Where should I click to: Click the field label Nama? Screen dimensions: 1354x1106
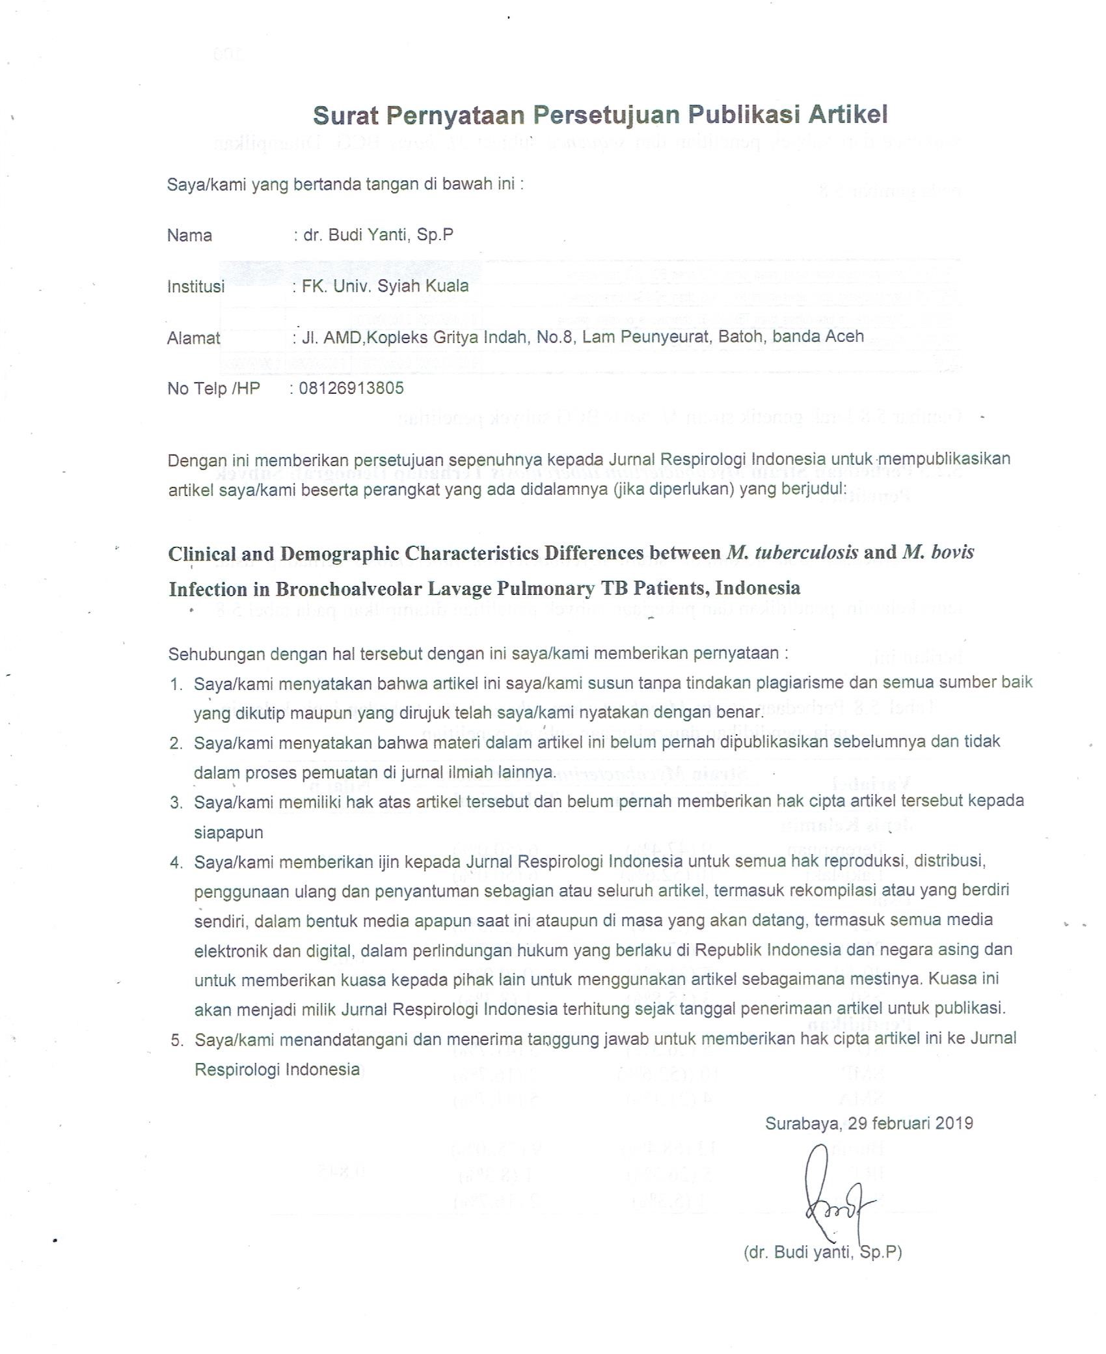tap(189, 235)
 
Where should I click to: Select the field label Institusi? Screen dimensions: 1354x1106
tap(196, 286)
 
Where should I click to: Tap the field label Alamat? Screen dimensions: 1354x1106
tap(193, 338)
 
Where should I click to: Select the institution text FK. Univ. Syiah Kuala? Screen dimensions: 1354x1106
tap(384, 286)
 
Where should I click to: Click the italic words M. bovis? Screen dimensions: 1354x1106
tap(937, 553)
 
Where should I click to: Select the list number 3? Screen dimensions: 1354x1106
tap(176, 803)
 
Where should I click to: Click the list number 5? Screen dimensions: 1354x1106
tap(176, 1040)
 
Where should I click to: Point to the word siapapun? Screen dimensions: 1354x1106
tap(228, 833)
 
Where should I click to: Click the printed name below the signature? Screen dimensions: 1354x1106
tap(822, 1252)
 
